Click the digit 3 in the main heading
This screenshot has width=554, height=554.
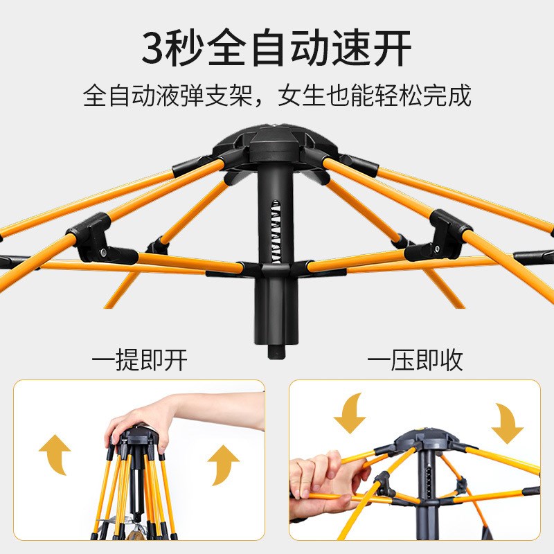[156, 48]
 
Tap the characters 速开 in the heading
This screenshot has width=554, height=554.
[377, 48]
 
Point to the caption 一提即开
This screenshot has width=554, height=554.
[139, 360]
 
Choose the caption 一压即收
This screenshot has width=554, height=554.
[415, 360]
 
